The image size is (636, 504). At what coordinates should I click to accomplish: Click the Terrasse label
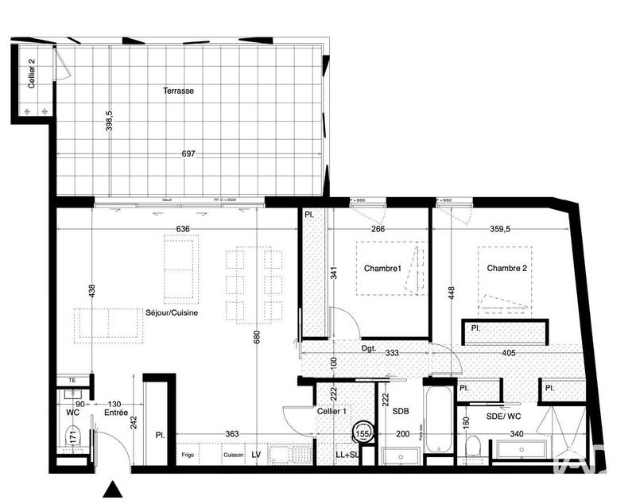[179, 91]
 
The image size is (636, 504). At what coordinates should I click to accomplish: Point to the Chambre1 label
[383, 269]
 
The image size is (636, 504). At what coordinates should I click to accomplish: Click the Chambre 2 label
[507, 269]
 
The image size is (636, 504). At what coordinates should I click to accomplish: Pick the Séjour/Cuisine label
[172, 313]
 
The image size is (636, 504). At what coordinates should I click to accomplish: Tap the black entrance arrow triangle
[114, 489]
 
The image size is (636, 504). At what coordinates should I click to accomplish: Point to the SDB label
[400, 410]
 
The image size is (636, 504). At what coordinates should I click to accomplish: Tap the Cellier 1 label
[331, 411]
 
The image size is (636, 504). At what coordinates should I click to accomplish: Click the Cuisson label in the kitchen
[233, 456]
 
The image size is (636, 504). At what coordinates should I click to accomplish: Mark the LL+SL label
[347, 456]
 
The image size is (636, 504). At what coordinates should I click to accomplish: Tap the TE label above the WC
[72, 381]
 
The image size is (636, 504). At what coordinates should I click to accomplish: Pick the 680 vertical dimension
[256, 338]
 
